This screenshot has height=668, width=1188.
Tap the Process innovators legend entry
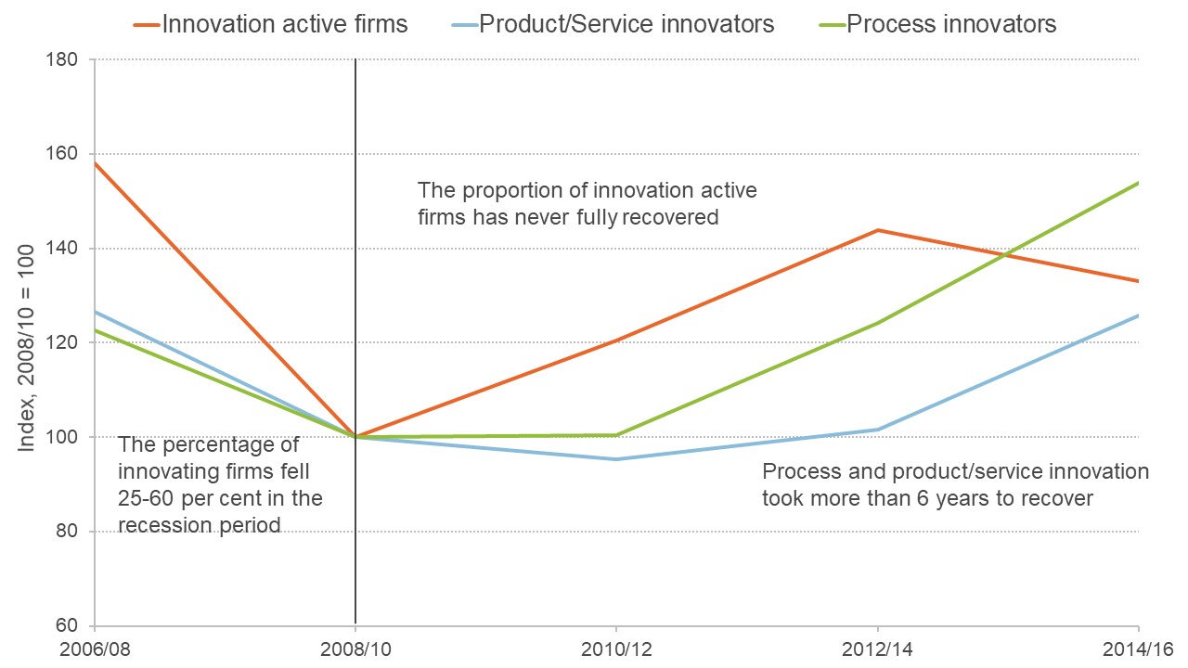937,23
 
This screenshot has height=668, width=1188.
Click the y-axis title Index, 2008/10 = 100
27,343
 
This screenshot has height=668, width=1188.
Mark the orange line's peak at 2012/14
877,230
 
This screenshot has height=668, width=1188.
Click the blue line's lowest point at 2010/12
616,459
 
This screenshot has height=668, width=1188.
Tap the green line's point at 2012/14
877,323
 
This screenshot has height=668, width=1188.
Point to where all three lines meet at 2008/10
355,436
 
